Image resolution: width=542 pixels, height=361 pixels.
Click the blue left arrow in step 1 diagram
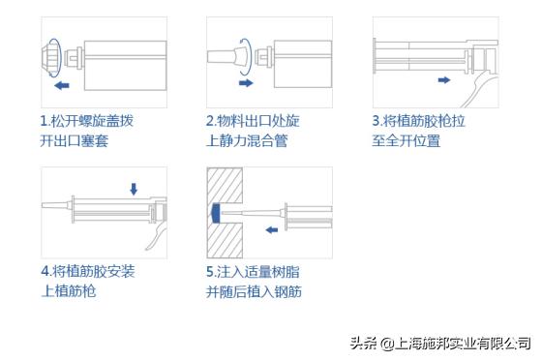coord(63,86)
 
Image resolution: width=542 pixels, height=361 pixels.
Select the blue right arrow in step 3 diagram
coord(442,79)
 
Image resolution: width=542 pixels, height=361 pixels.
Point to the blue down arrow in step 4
coord(134,188)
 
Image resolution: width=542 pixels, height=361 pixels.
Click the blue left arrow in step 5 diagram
coord(275,230)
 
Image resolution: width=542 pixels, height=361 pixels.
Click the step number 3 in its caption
coord(376,121)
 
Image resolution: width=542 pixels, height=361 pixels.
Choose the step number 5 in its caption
coord(210,271)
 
